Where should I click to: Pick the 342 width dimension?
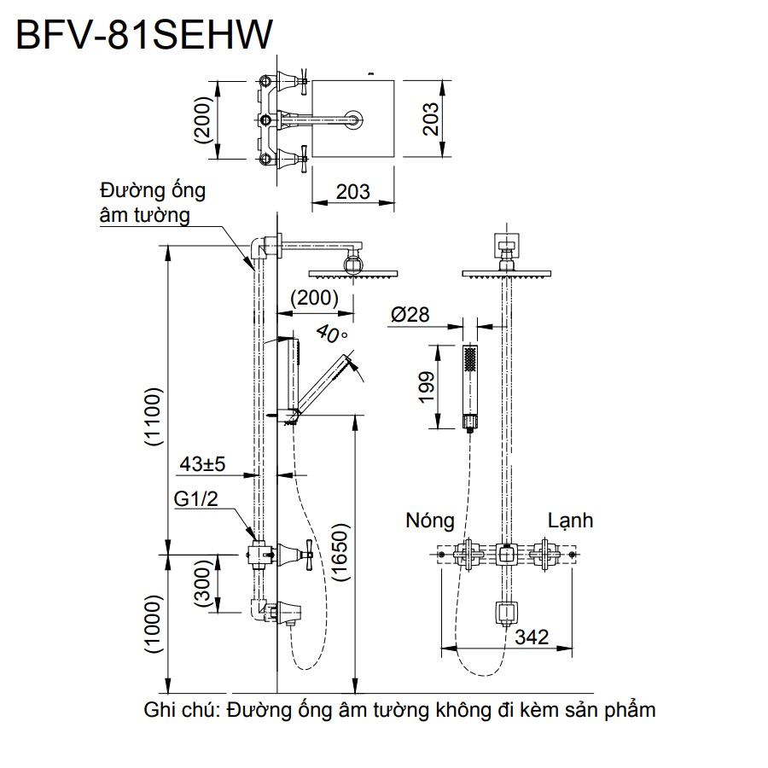(532, 637)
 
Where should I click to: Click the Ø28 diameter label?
(413, 315)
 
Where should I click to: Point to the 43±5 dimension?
(202, 464)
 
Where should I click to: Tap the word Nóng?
(430, 520)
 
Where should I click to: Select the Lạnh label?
(570, 520)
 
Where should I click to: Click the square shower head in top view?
(352, 119)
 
